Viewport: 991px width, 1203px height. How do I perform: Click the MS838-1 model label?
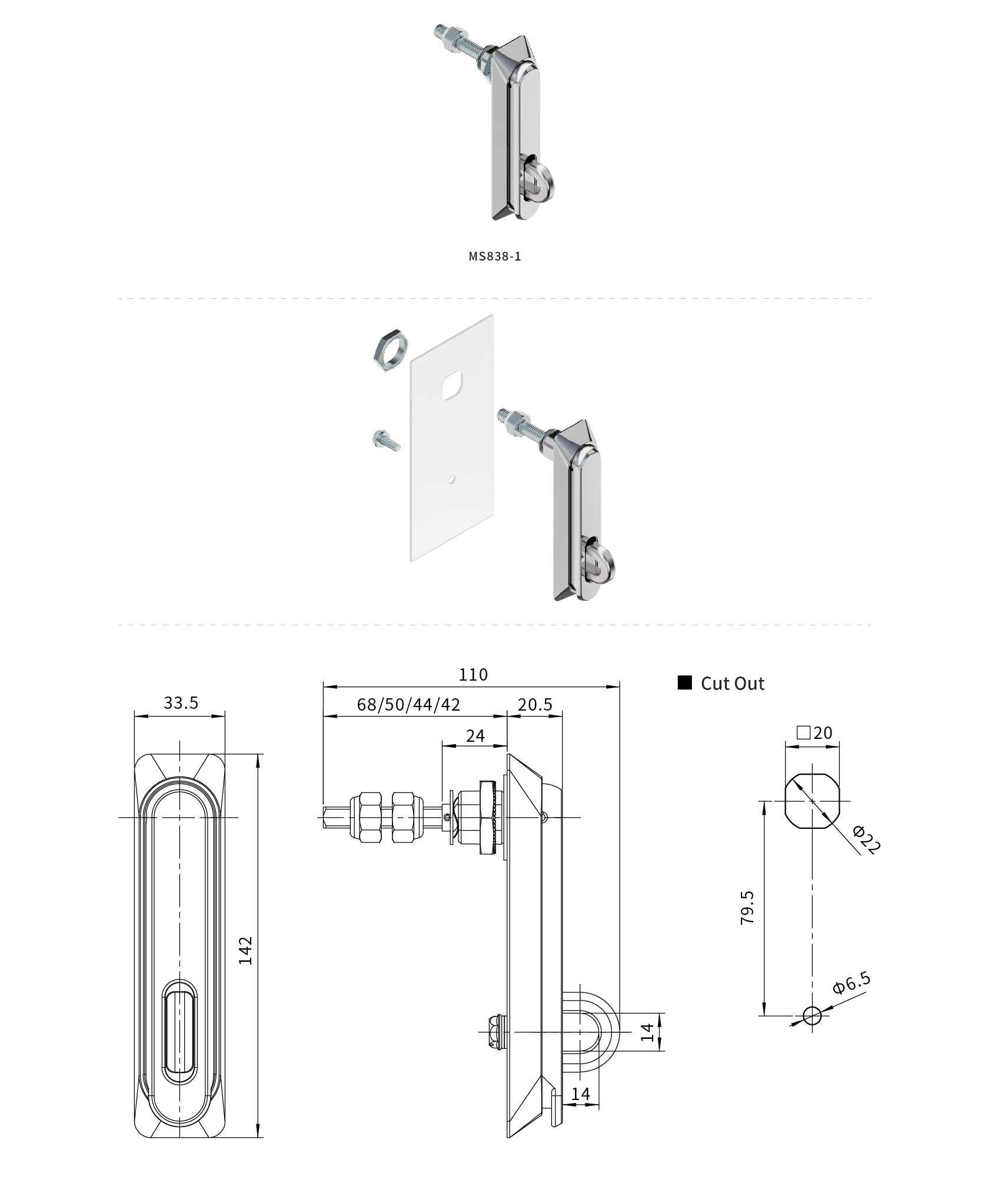pyautogui.click(x=495, y=256)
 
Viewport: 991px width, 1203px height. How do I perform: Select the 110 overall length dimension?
pyautogui.click(x=473, y=674)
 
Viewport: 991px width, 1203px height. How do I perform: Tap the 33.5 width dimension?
pyautogui.click(x=181, y=702)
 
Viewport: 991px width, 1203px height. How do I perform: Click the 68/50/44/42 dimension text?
pyautogui.click(x=408, y=704)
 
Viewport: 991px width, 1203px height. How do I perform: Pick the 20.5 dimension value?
pyautogui.click(x=534, y=704)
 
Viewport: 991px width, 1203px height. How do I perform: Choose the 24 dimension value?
pyautogui.click(x=475, y=735)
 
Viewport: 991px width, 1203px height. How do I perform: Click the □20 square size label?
pyautogui.click(x=814, y=732)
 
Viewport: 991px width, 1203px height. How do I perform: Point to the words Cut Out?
pyautogui.click(x=732, y=684)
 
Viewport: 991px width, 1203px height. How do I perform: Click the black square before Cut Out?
pyautogui.click(x=684, y=682)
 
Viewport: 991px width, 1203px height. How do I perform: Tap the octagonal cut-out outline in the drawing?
pyautogui.click(x=813, y=801)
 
